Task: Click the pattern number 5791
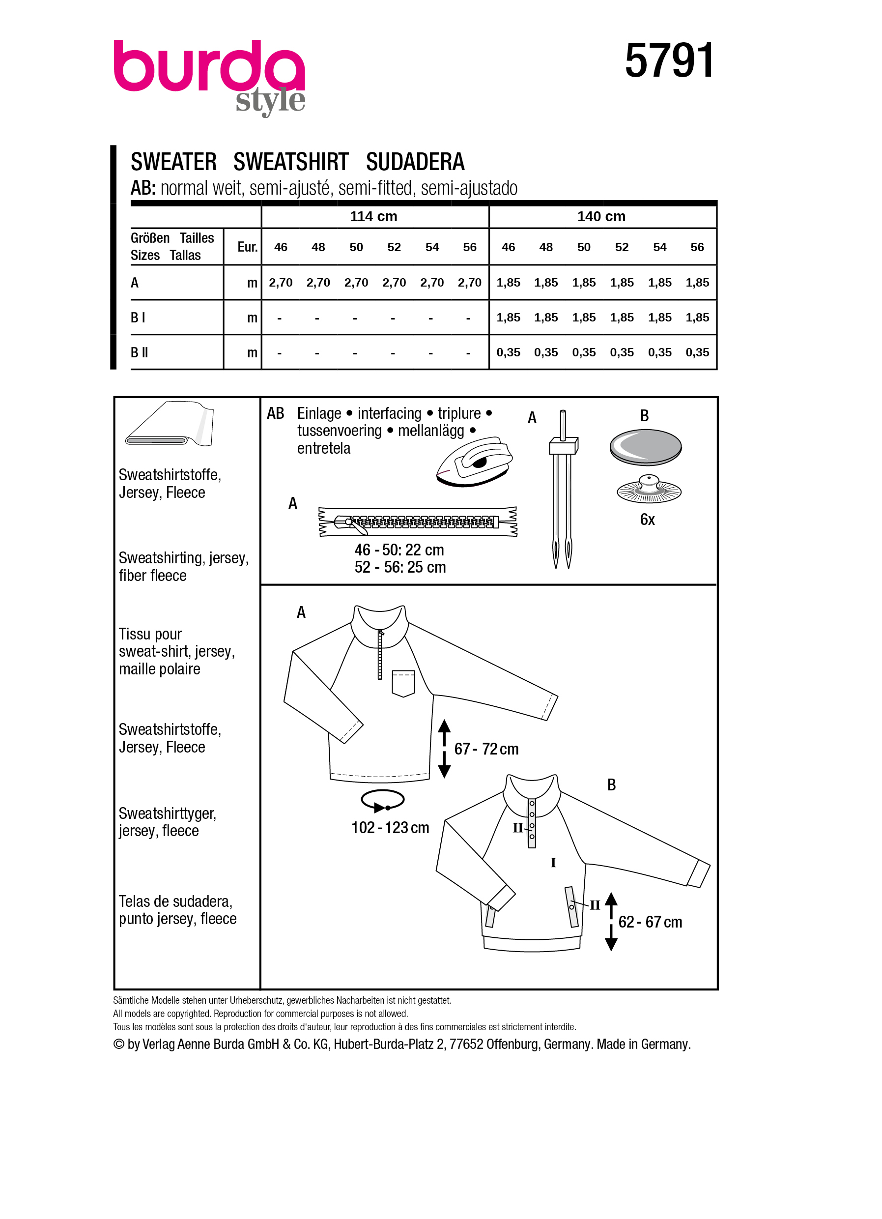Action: click(669, 61)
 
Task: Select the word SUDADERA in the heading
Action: click(415, 162)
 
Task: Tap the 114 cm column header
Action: click(373, 217)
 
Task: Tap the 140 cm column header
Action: click(601, 217)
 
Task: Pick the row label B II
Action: click(139, 352)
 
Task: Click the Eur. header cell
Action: click(247, 247)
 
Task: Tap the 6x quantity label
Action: click(647, 520)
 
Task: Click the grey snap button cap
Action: click(645, 447)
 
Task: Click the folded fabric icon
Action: click(170, 424)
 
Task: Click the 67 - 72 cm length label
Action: click(486, 749)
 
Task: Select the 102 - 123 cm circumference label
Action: click(390, 828)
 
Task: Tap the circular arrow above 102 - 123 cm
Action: click(382, 800)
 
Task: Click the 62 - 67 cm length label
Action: click(650, 922)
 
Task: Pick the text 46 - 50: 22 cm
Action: click(399, 550)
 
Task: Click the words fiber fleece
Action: click(152, 576)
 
